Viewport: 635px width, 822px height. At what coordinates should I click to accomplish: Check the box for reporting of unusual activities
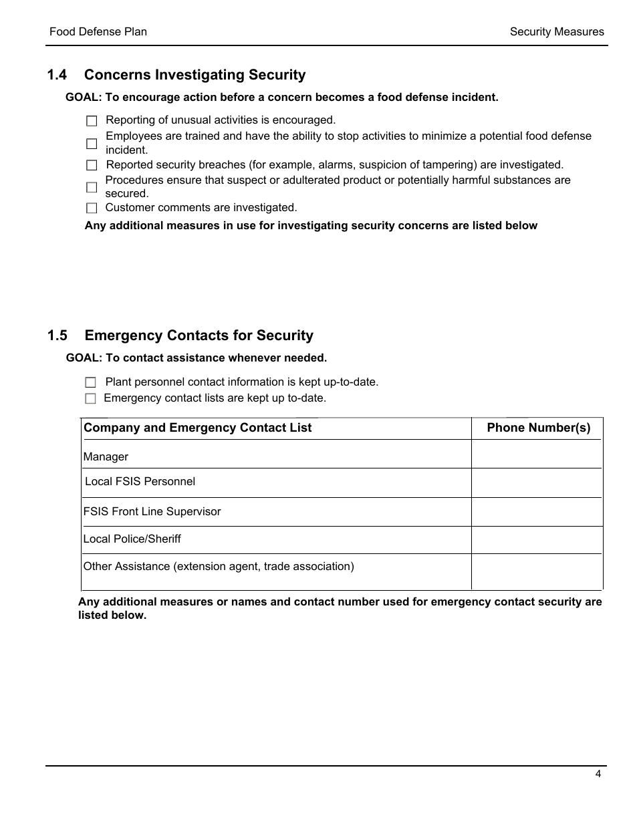92,121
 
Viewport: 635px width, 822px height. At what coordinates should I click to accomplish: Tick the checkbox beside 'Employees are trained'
92,144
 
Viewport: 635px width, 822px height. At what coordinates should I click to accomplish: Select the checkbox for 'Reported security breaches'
92,165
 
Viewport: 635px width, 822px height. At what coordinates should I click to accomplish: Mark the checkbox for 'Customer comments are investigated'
92,209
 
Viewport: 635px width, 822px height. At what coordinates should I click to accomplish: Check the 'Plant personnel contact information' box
91,383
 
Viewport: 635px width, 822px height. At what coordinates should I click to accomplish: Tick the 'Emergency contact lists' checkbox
91,399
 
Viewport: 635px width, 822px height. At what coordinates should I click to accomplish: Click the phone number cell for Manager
537,454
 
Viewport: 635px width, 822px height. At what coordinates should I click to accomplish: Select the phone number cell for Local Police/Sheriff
537,540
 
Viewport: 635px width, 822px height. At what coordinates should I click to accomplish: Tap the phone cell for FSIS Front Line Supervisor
537,512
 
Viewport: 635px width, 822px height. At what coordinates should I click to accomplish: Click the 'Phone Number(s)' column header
538,428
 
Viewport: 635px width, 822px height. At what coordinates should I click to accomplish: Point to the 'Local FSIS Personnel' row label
140,482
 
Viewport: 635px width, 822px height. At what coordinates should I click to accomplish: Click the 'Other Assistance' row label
219,567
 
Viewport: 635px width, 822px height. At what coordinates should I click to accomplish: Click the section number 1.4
57,76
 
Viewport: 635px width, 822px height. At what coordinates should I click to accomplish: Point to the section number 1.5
57,336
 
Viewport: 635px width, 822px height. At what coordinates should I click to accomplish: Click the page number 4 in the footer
598,775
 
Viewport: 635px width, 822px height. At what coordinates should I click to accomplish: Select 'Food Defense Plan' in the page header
98,32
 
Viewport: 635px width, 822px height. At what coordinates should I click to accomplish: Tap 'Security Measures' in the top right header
556,32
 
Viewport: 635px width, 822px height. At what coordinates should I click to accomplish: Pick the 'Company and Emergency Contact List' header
198,428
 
